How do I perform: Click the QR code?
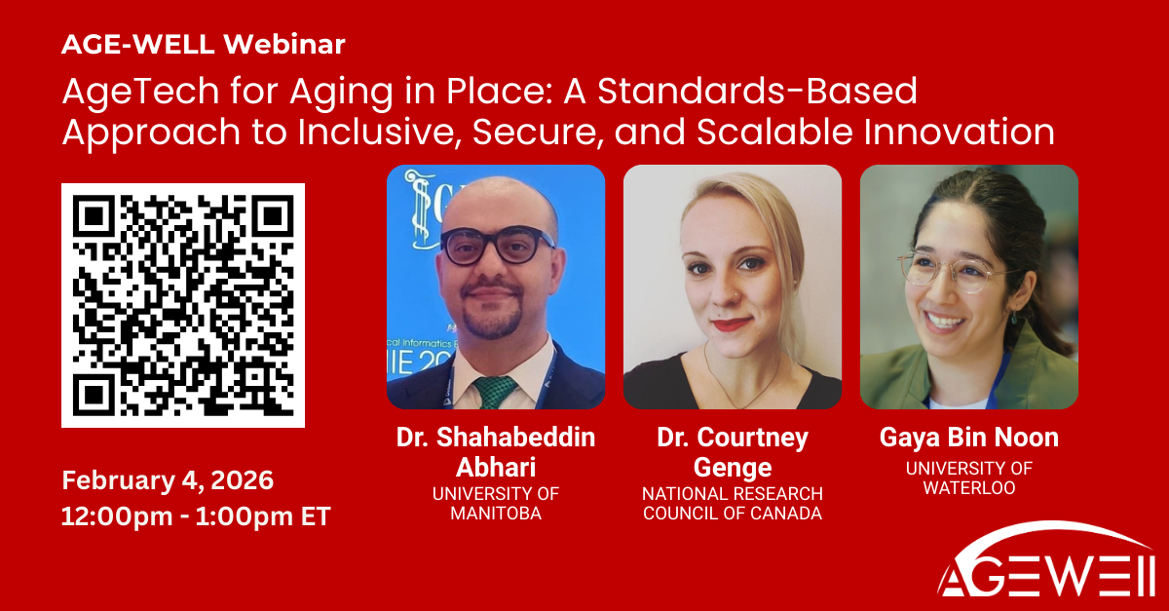(183, 305)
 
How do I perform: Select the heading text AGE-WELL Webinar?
(203, 44)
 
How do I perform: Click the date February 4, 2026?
(168, 480)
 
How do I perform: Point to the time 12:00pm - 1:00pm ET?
(196, 516)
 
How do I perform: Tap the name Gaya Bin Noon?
(968, 439)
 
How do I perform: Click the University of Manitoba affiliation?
(496, 503)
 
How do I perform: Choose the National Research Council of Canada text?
(732, 503)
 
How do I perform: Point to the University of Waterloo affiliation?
(968, 477)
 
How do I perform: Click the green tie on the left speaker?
(496, 391)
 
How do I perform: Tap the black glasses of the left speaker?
(498, 245)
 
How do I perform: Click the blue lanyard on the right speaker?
(999, 380)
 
